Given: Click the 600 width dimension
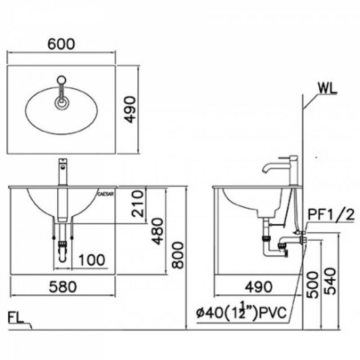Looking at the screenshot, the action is point(61,44).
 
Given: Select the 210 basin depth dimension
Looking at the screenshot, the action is point(138,204).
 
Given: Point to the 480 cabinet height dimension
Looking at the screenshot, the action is point(157,231).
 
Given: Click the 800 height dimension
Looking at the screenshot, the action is point(178,255).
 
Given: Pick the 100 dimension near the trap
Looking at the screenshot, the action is point(92,260).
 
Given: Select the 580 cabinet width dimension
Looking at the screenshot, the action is point(63,287).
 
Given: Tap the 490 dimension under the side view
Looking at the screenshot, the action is point(258,287).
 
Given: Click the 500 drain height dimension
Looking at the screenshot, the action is point(313,285).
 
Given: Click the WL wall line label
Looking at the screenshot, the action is point(328,88).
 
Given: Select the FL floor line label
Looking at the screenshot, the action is point(16,318).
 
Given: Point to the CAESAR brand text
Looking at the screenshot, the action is point(105,194).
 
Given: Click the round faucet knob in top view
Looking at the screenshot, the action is point(62,80).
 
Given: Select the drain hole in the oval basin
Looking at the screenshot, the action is point(62,103).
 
